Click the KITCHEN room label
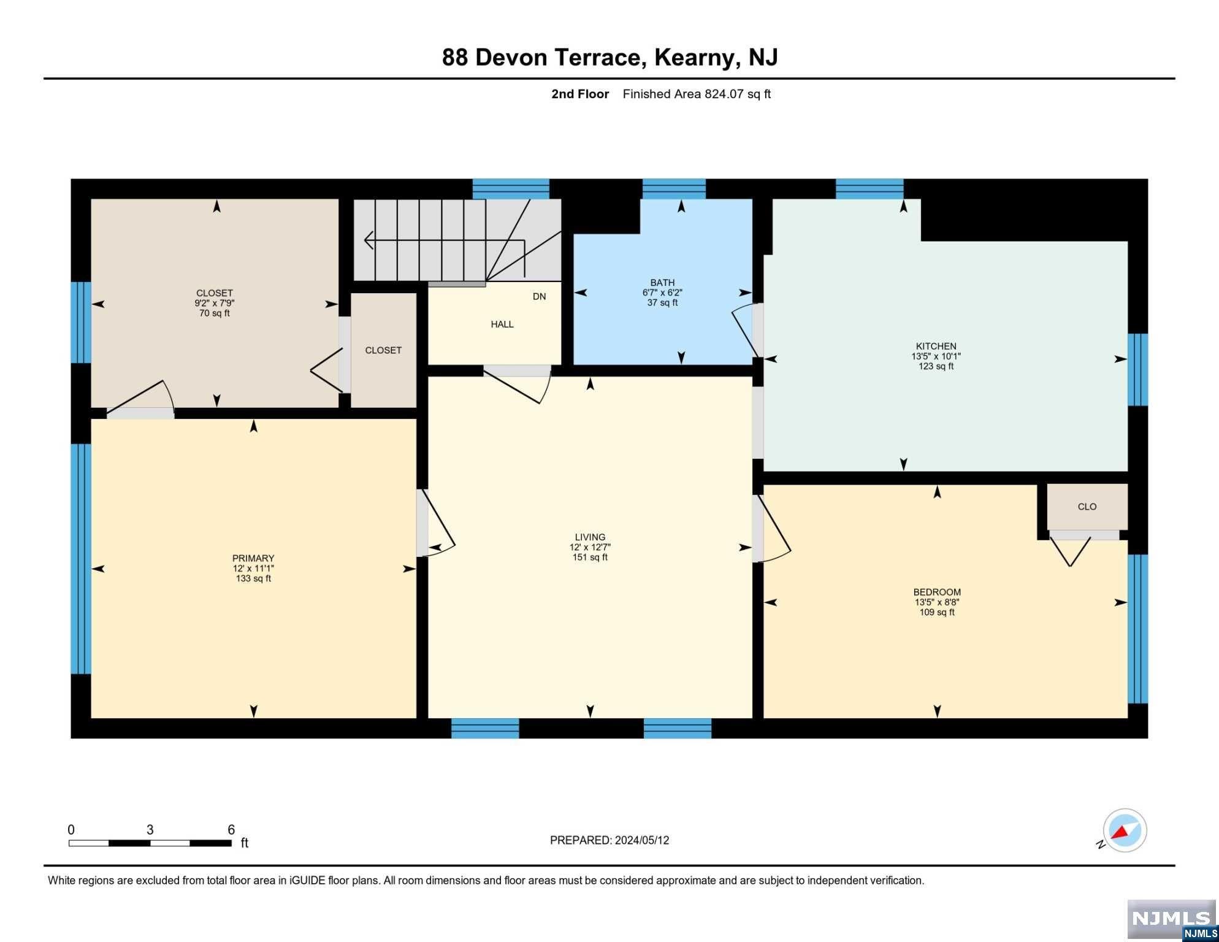(x=936, y=346)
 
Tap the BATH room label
(x=662, y=283)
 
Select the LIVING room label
(x=590, y=537)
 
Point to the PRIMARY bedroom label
(x=253, y=558)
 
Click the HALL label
(x=502, y=324)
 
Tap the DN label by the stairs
(x=539, y=297)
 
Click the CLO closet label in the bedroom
(x=1087, y=507)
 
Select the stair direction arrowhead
(x=369, y=240)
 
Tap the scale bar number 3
(x=150, y=830)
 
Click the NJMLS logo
(x=1172, y=920)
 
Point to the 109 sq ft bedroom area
(x=937, y=612)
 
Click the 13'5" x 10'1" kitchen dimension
(x=936, y=356)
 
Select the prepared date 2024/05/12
(x=640, y=840)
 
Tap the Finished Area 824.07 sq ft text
(x=697, y=94)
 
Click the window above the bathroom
(x=674, y=189)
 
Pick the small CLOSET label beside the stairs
(x=383, y=350)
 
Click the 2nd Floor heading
(x=580, y=94)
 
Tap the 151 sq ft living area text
(x=590, y=557)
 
